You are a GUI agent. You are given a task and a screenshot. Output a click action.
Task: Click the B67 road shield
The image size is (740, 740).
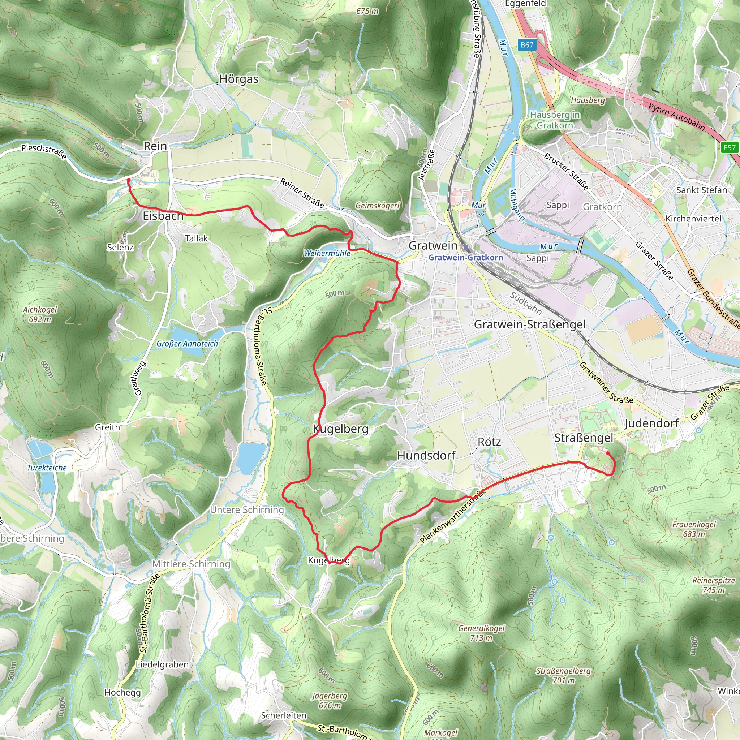coord(527,45)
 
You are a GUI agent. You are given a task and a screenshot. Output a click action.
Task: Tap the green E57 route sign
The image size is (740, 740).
coord(729,148)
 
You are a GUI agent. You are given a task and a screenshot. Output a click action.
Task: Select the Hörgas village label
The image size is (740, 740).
coord(239,79)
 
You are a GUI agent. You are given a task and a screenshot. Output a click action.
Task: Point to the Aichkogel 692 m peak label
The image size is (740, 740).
coord(40,314)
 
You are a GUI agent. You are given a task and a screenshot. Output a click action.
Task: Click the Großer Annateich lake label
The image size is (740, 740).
coord(187,344)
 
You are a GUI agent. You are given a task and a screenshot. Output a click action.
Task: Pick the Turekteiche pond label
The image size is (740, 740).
coord(47,468)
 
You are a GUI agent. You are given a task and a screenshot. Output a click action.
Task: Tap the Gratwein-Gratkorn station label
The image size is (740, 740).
coord(466,257)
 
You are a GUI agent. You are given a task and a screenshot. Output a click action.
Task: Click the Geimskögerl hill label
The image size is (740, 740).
coord(377,206)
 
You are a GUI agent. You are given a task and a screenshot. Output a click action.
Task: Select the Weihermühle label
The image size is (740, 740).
coord(327,253)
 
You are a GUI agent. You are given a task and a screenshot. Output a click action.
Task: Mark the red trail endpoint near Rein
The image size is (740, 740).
coord(128,180)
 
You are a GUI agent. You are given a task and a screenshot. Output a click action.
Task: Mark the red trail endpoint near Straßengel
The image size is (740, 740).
coord(608,453)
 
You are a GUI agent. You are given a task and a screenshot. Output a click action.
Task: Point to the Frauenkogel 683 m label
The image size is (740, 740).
coord(694,529)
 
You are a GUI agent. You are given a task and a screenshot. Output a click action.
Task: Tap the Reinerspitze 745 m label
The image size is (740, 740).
coord(714,585)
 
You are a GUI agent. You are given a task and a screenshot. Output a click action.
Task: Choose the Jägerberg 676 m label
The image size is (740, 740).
coord(330,701)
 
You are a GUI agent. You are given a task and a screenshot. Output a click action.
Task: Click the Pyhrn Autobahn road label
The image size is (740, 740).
coord(676,116)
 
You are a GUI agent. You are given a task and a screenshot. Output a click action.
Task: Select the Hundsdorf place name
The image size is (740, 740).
coord(426,455)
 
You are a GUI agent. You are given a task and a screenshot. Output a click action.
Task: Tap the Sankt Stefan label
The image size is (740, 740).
coord(701,190)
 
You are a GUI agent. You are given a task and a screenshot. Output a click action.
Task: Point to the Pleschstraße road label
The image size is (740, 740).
coord(44,151)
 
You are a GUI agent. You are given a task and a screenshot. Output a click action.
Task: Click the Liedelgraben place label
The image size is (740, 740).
coord(162,664)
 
